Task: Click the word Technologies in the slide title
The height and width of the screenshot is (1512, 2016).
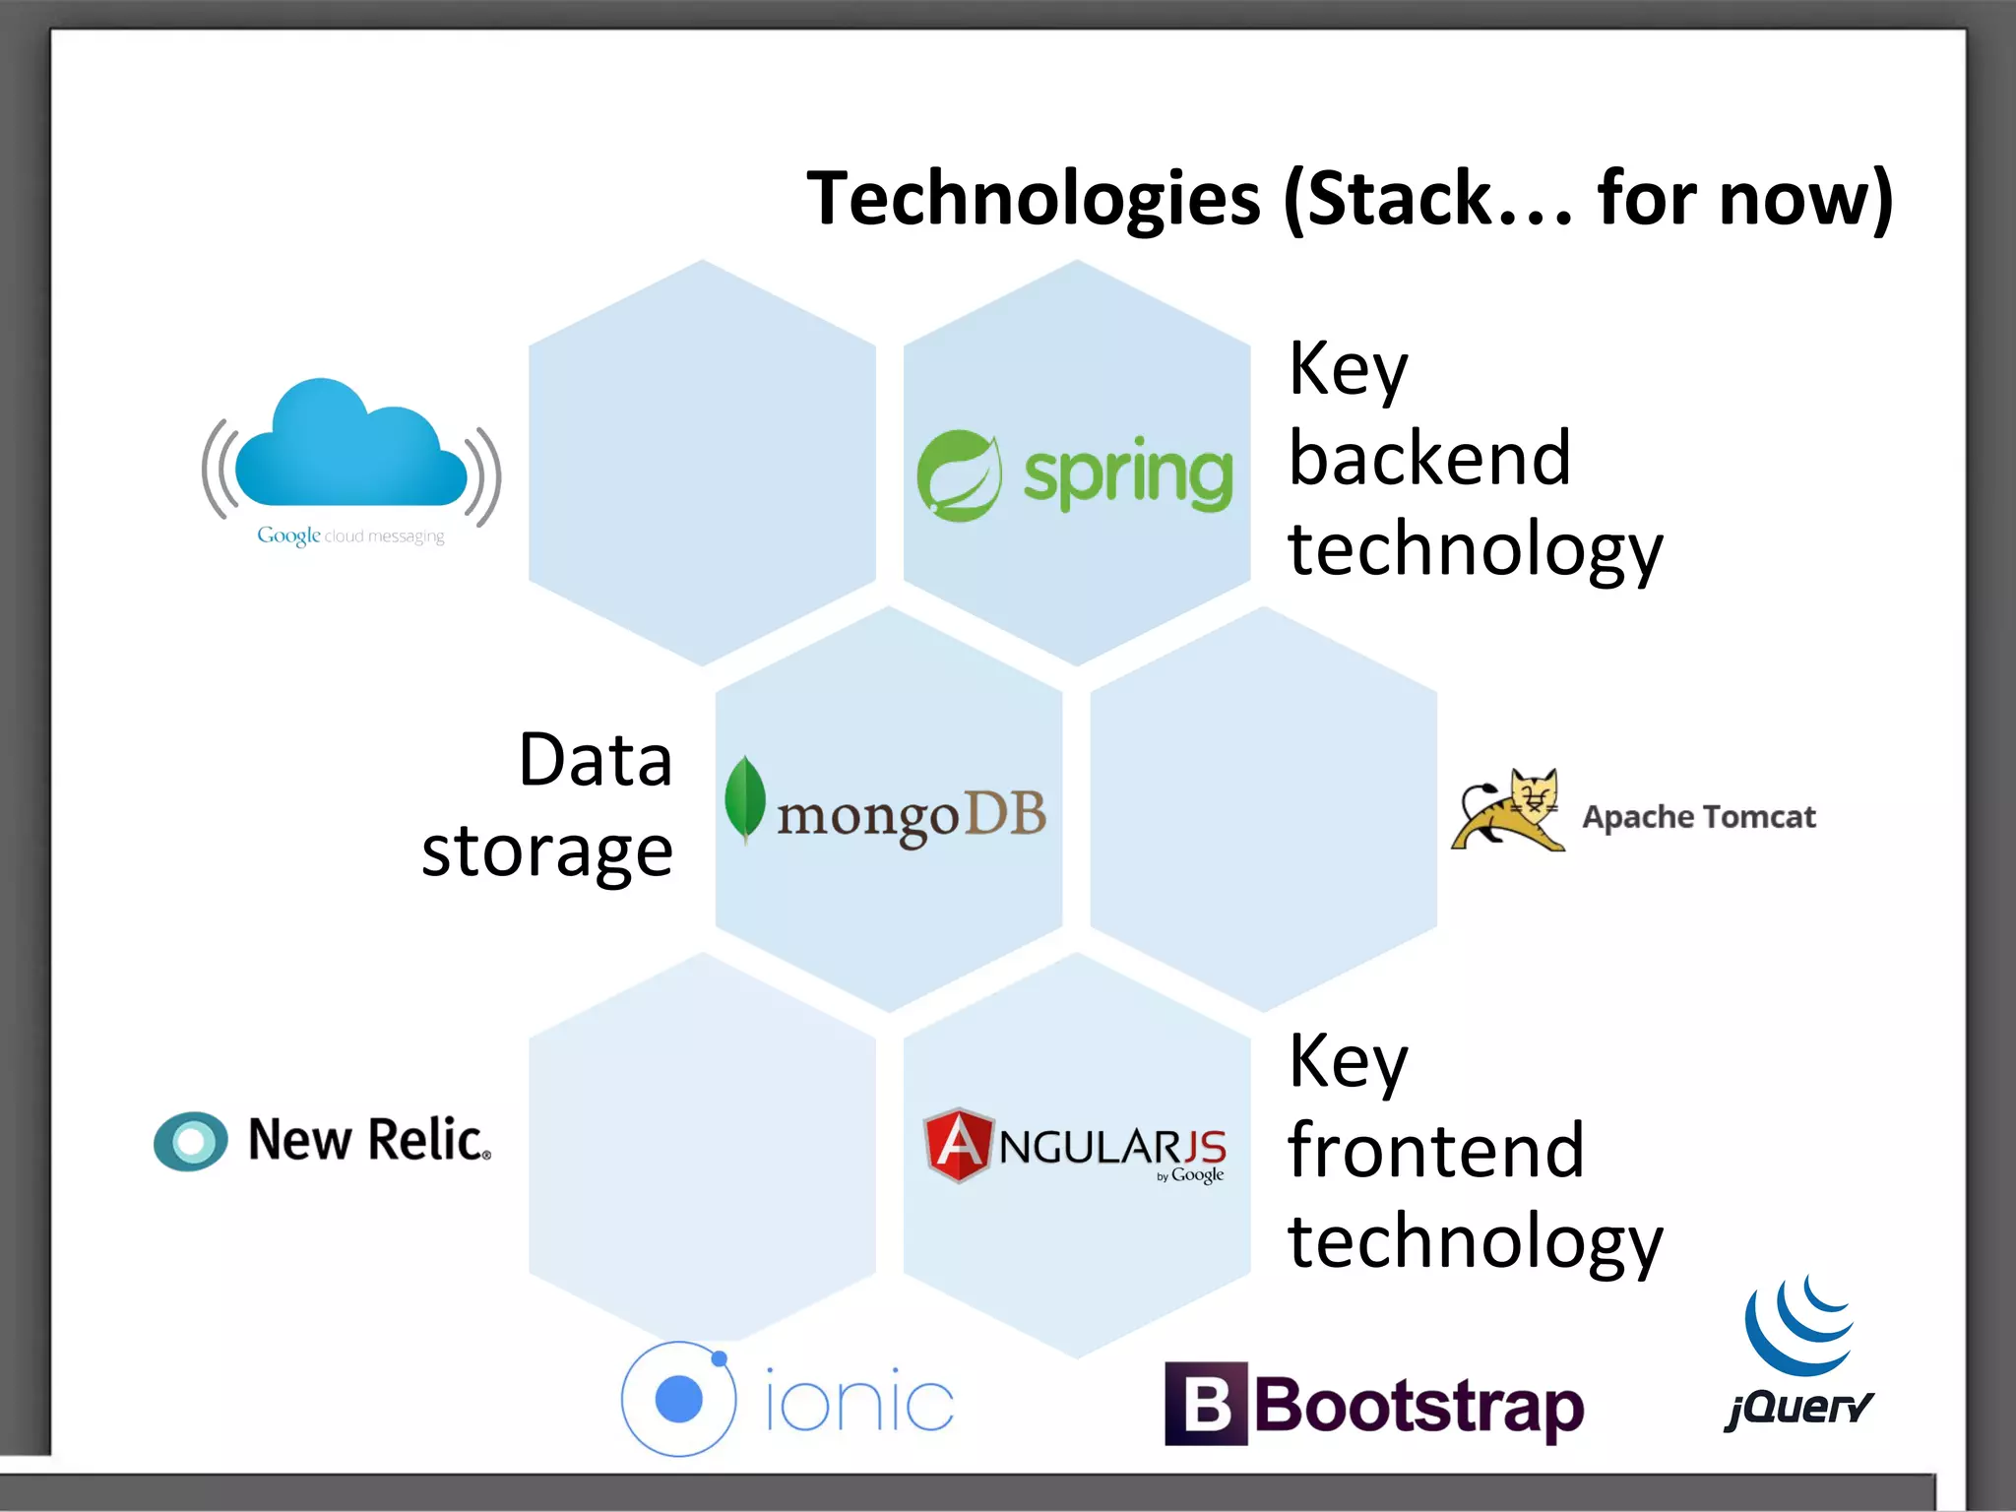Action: (x=1033, y=200)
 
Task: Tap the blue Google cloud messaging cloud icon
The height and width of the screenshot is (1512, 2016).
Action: (x=350, y=448)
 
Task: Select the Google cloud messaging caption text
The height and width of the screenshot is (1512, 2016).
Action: (x=350, y=535)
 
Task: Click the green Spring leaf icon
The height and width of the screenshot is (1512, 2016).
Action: (x=959, y=475)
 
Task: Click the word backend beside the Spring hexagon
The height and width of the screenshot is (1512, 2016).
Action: (x=1429, y=459)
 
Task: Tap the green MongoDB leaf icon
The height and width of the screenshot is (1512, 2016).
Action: (x=745, y=798)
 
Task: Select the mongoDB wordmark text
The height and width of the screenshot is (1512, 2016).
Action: (x=912, y=816)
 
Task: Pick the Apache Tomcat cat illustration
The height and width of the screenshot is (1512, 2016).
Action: (x=1508, y=810)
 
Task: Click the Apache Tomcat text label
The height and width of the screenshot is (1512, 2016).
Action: (x=1698, y=817)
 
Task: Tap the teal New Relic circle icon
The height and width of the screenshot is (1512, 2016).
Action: (x=191, y=1141)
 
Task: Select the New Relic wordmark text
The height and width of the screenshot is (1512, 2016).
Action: (x=369, y=1140)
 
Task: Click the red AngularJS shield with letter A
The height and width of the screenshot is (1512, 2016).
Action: (x=958, y=1145)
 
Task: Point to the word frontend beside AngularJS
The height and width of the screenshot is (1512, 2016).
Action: (x=1435, y=1151)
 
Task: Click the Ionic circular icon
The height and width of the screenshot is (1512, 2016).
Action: (x=678, y=1399)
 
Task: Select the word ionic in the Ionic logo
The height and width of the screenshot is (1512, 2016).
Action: (x=859, y=1401)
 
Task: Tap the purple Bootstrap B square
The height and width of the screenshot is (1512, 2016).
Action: (x=1206, y=1404)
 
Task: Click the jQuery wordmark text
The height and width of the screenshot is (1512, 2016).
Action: (x=1798, y=1408)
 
